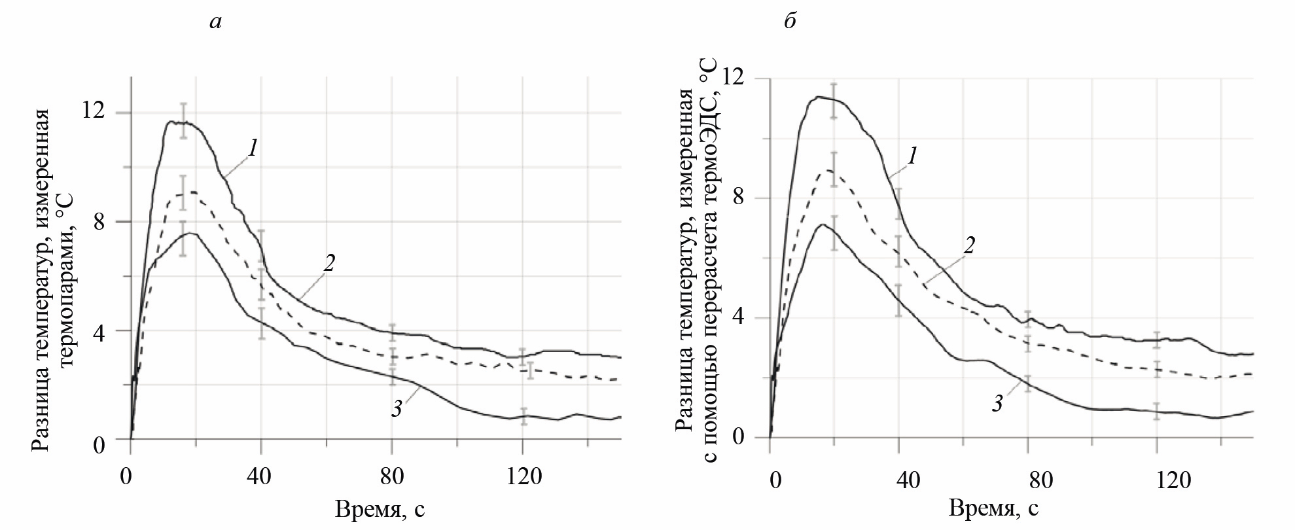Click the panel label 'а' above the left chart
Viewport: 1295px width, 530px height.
pos(215,22)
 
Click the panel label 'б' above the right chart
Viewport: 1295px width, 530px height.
pos(790,22)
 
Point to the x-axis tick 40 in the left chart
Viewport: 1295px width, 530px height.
pos(258,476)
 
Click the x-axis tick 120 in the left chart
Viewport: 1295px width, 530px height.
pos(523,476)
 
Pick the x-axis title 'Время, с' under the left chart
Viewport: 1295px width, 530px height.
pos(380,509)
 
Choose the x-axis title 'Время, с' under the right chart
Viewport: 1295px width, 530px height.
pos(993,508)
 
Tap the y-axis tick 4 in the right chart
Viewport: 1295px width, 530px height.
pos(738,317)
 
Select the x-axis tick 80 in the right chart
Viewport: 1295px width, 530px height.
pos(1040,481)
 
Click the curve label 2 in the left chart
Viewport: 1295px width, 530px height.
pos(328,263)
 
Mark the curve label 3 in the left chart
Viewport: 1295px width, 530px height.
pos(397,410)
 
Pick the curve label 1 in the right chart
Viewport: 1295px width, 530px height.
pos(912,156)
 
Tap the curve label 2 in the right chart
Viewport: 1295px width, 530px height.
pos(969,245)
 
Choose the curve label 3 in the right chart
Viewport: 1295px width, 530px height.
pos(997,404)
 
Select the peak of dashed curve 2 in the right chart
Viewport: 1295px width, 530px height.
pos(828,170)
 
